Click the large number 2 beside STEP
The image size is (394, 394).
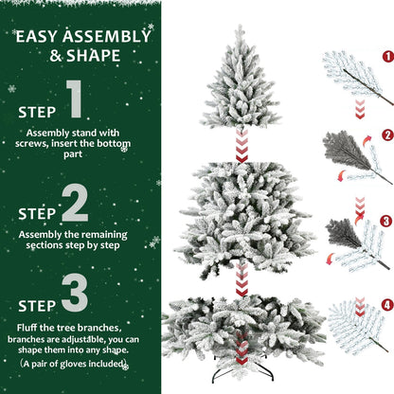[x=75, y=203]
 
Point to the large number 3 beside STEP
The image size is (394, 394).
[x=75, y=296]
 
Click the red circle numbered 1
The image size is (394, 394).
[x=386, y=56]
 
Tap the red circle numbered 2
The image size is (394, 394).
[x=386, y=134]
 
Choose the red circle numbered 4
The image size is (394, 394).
[x=386, y=306]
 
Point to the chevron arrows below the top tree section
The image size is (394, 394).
[x=242, y=145]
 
